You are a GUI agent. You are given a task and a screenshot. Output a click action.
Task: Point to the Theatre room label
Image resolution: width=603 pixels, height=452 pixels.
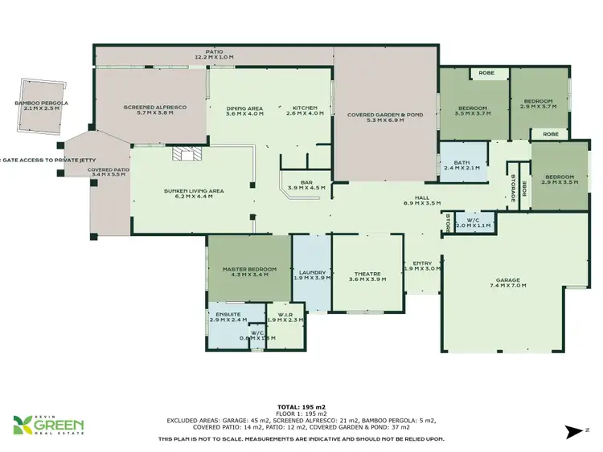point(367,276)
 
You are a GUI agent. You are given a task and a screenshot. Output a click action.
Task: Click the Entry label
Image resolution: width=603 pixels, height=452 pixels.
point(422,266)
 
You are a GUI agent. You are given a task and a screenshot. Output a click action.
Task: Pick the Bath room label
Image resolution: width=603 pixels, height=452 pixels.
point(461,165)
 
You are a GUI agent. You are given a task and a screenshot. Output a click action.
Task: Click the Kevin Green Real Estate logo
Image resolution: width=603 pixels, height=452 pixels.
point(48,425)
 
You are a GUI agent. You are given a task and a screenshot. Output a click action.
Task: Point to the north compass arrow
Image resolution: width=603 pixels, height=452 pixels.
point(574,432)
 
